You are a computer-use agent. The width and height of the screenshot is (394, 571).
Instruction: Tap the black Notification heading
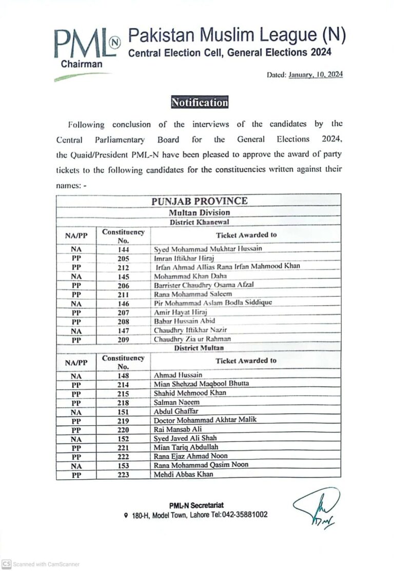200,103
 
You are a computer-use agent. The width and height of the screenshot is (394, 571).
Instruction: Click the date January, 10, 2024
316,75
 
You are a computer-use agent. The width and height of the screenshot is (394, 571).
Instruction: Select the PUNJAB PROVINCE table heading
199,201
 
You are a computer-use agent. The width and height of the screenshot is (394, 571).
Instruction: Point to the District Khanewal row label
199,222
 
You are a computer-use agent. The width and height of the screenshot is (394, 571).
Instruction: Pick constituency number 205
123,258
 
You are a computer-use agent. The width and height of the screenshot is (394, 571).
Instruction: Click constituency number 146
123,303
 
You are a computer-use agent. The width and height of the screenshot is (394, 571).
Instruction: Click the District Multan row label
199,348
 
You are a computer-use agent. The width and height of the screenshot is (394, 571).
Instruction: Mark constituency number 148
123,375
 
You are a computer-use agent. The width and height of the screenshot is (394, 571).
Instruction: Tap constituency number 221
123,447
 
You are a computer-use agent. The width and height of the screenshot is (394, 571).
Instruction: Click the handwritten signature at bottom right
316,507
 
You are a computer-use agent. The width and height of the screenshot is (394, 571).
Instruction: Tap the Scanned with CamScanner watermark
41,564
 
